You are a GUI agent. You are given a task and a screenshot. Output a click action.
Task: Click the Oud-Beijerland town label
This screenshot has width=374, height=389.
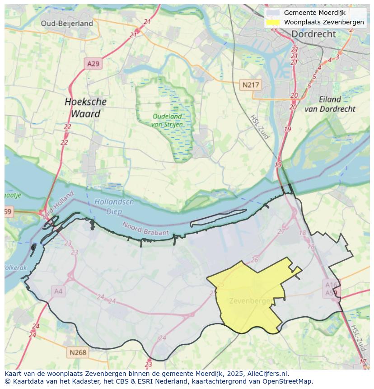[x=67, y=23]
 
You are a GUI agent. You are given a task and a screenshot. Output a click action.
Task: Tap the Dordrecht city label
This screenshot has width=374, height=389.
[x=313, y=34]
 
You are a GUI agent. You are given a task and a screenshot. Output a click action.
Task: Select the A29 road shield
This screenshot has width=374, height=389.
[x=93, y=64]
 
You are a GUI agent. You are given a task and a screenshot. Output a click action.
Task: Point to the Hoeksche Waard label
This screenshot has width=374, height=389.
[x=85, y=108]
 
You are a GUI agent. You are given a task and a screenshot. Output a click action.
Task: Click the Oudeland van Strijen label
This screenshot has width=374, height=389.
[x=167, y=120]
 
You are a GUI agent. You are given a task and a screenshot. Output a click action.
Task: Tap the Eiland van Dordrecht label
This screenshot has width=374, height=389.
[x=330, y=104]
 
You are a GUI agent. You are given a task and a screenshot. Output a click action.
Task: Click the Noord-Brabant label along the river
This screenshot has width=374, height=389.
[x=145, y=228]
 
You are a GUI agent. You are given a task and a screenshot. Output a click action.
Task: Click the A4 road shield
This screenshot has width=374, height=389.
[x=58, y=291]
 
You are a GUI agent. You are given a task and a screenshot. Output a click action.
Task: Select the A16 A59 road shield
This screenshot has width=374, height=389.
[x=331, y=288]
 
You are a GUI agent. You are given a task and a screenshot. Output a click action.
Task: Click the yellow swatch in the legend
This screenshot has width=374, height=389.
[x=273, y=22]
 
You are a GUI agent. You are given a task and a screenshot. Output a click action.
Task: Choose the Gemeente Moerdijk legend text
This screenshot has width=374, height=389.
[x=314, y=13]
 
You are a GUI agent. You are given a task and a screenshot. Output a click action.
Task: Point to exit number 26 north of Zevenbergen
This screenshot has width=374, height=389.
[x=255, y=260]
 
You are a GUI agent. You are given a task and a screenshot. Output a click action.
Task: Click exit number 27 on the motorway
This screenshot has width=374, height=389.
[x=281, y=231]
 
